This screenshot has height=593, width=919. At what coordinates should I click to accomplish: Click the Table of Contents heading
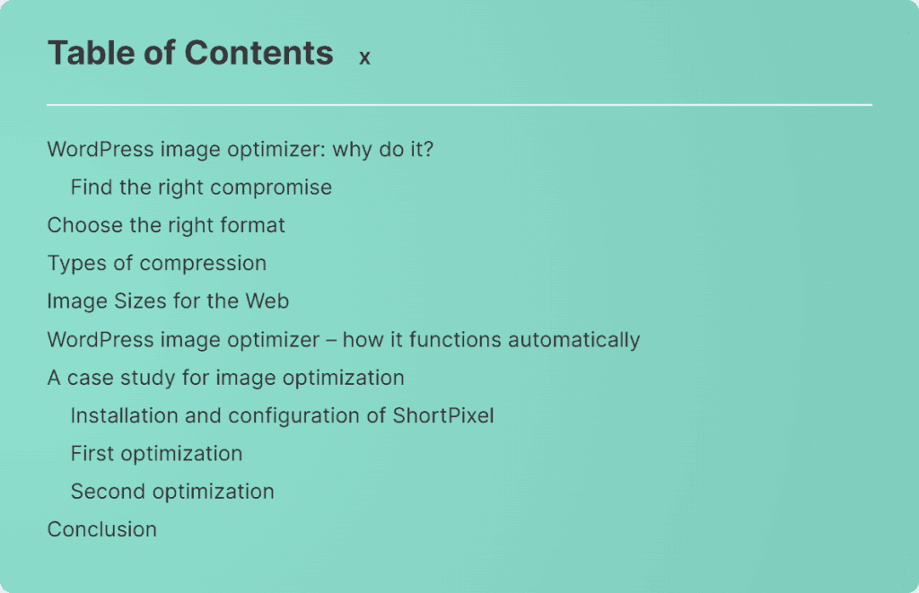tap(190, 53)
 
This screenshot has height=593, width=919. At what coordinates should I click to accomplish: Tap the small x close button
tap(364, 57)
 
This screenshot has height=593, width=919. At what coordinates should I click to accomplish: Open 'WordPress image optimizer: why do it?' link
tap(241, 150)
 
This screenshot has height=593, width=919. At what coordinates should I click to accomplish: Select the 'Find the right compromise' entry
tap(201, 187)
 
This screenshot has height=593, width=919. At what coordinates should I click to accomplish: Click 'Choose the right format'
tap(166, 225)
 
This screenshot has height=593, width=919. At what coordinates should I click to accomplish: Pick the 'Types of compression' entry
tap(157, 264)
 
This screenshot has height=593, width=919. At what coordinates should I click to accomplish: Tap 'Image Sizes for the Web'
tap(168, 301)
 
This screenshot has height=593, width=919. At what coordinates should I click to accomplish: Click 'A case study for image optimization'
tap(225, 378)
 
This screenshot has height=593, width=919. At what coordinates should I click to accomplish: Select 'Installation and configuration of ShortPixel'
tap(283, 415)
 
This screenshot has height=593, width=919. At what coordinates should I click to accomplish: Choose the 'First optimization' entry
tap(156, 454)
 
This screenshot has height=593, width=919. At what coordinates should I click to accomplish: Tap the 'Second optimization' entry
tap(172, 492)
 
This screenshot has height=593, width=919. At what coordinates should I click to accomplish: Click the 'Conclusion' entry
tap(102, 529)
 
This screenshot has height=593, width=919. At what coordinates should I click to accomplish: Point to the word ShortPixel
tap(443, 415)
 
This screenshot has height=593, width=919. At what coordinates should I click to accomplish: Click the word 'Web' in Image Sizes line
tap(267, 301)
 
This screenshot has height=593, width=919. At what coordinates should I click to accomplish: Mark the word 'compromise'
tap(271, 188)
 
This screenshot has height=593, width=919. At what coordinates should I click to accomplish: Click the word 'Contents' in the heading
tap(259, 53)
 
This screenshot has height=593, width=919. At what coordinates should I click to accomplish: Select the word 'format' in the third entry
tap(252, 225)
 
